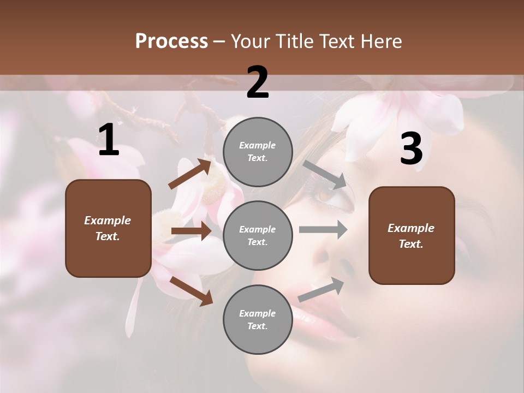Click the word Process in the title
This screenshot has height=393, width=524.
coord(171,41)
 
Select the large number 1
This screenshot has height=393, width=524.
coord(109,140)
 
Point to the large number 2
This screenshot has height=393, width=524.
coord(258,82)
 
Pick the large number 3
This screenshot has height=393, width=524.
coord(411,148)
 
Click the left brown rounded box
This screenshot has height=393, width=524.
coord(108,228)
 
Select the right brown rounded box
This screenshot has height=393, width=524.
coord(412,236)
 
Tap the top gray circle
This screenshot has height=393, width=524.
coord(258,152)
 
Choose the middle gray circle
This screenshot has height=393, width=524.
coord(258,235)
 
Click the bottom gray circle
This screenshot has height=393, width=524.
coord(258,319)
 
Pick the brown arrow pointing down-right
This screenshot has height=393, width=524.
coord(191,291)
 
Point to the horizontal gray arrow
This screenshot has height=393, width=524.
coord(323,229)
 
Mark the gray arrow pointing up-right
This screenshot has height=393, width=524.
coord(321,289)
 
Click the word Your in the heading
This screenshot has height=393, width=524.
coord(249,41)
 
